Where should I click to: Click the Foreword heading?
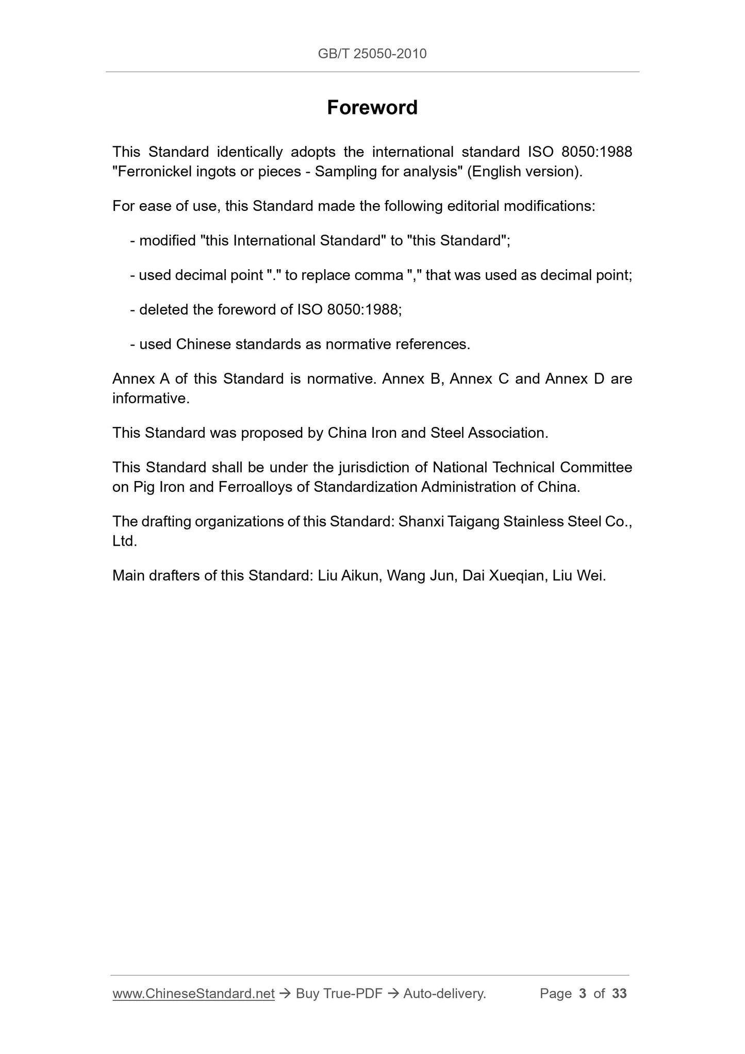(372, 107)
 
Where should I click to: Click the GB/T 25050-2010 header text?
(372, 54)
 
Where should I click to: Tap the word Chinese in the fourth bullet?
(203, 344)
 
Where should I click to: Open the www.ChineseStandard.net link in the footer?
(193, 994)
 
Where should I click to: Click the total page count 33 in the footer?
(619, 994)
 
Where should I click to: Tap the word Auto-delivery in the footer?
(444, 994)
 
